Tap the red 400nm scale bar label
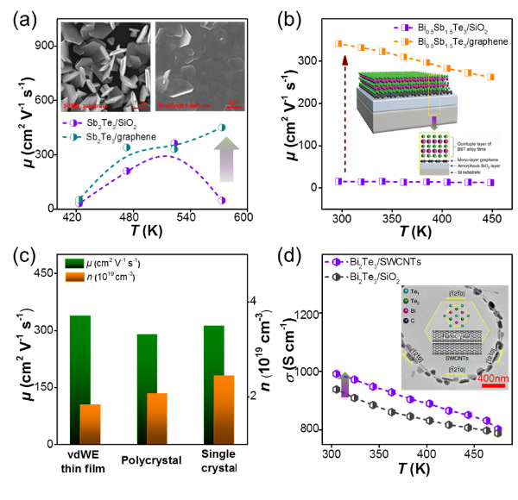tap(469, 379)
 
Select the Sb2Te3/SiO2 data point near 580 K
tap(221, 200)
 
